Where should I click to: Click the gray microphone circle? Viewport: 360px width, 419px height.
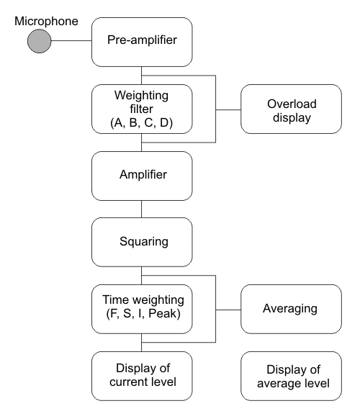coord(40,41)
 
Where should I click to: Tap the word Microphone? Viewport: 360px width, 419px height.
coord(46,21)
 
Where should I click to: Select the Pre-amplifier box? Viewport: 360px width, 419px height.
coord(142,42)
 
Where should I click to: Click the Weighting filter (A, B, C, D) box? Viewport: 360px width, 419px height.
coord(142,109)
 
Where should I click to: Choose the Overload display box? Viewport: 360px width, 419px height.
coord(291,109)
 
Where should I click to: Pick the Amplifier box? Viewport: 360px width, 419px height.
coord(142,176)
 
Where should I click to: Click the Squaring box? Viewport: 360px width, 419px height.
coord(142,242)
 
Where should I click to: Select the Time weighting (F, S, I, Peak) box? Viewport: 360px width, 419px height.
coord(142,309)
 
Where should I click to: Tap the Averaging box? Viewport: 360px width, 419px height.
coord(291,309)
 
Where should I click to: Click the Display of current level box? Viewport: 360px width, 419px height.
coord(142,376)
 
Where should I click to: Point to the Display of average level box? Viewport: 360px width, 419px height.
coord(291,376)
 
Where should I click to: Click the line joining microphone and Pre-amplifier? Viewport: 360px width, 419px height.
coord(71,41)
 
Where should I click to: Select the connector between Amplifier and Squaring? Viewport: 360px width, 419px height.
coord(141,209)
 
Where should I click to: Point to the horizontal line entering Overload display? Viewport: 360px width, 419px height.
coord(228,109)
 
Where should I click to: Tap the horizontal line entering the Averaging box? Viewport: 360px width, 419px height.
coord(228,310)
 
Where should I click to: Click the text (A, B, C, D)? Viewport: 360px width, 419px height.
coord(141,122)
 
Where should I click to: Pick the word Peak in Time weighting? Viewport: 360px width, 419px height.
coord(164,313)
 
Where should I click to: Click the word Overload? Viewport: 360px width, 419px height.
coord(292,104)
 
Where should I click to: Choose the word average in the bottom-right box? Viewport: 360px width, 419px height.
coord(277,384)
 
